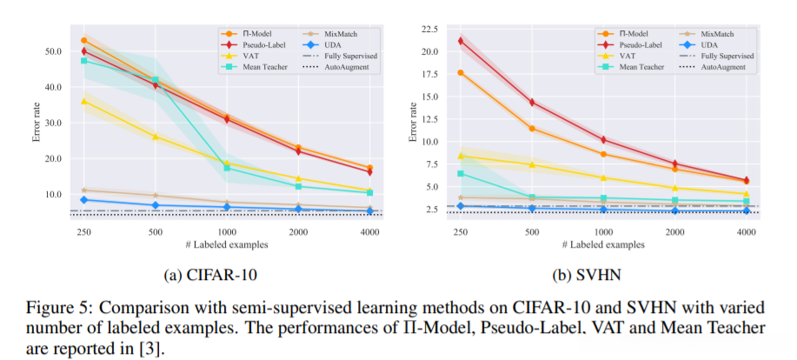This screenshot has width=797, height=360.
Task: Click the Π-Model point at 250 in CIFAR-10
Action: (x=84, y=41)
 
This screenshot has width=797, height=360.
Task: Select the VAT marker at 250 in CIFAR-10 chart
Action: (x=84, y=101)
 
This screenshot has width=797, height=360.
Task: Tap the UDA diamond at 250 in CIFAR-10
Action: (x=84, y=200)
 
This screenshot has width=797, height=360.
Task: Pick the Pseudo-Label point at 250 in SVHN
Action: (x=461, y=41)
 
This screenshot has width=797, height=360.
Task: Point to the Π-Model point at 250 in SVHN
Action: (x=461, y=72)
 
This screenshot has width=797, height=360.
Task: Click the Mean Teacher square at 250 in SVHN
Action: (x=461, y=174)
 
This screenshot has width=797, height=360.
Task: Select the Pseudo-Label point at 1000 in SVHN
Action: (x=603, y=139)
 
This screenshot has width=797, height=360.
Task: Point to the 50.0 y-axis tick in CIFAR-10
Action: (x=52, y=50)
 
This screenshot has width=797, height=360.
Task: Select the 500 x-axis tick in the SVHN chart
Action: (x=532, y=231)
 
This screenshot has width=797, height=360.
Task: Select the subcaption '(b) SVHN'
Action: (x=587, y=275)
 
